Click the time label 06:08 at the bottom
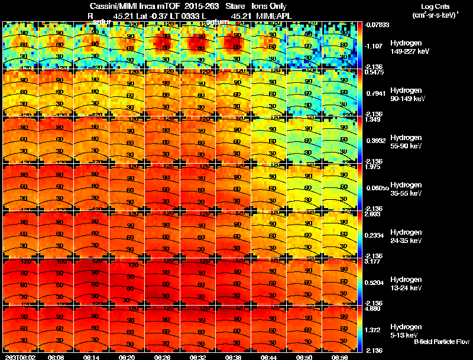coord(56,357)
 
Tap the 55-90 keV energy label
coord(406,146)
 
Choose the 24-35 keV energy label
coord(406,241)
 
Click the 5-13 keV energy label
coord(404,335)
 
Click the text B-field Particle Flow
coord(441,342)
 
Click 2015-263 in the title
coord(196,6)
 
